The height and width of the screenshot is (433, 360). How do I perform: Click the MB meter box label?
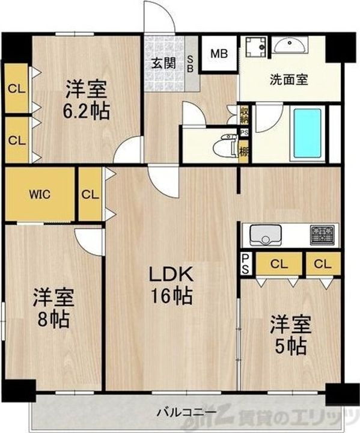(x=218, y=53)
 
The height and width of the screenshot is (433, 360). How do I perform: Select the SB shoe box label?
(x=191, y=63)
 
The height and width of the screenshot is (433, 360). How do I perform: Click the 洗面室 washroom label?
(x=289, y=79)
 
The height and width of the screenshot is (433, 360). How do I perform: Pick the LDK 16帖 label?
(x=171, y=286)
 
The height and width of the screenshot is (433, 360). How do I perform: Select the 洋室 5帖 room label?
(x=290, y=335)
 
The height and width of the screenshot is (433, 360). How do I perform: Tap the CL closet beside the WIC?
(x=90, y=194)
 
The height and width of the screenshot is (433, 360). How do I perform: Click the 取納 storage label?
(x=244, y=114)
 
